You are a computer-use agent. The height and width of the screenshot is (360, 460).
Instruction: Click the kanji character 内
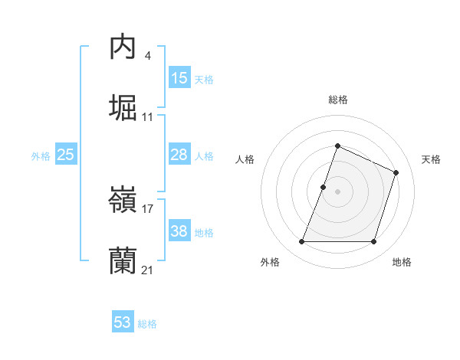[x=123, y=47]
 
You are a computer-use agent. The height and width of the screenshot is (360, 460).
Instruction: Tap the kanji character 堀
[x=123, y=107]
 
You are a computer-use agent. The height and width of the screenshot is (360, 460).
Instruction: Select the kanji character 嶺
[x=123, y=201]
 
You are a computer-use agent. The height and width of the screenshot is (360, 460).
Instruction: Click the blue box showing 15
[x=179, y=77]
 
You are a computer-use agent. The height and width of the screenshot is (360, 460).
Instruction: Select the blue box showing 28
[x=179, y=155]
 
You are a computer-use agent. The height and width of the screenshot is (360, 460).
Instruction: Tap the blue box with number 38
[x=179, y=231]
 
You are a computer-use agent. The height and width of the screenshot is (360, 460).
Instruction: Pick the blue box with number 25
[x=66, y=155]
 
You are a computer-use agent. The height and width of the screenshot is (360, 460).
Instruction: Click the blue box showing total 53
[x=123, y=322]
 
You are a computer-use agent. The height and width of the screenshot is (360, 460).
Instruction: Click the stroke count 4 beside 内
[x=147, y=56]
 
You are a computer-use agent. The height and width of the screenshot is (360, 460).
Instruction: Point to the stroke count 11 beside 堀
[x=148, y=117]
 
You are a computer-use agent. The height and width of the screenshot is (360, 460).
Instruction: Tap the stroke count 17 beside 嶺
[x=148, y=208]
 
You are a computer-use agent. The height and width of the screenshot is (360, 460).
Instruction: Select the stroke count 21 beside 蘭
[x=148, y=270]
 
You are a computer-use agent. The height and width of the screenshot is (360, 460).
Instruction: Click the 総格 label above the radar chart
[x=337, y=100]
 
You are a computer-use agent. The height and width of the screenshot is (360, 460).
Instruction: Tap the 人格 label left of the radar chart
[x=245, y=159]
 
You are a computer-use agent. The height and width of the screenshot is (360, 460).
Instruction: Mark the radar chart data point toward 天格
[x=396, y=172]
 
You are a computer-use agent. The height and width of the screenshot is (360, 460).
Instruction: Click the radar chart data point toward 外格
[x=301, y=242]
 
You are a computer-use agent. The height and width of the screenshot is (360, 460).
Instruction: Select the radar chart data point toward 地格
[x=374, y=242]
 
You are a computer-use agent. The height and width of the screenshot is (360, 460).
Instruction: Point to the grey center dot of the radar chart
[x=337, y=191]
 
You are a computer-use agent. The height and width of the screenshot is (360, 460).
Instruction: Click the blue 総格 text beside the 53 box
[x=147, y=324]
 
